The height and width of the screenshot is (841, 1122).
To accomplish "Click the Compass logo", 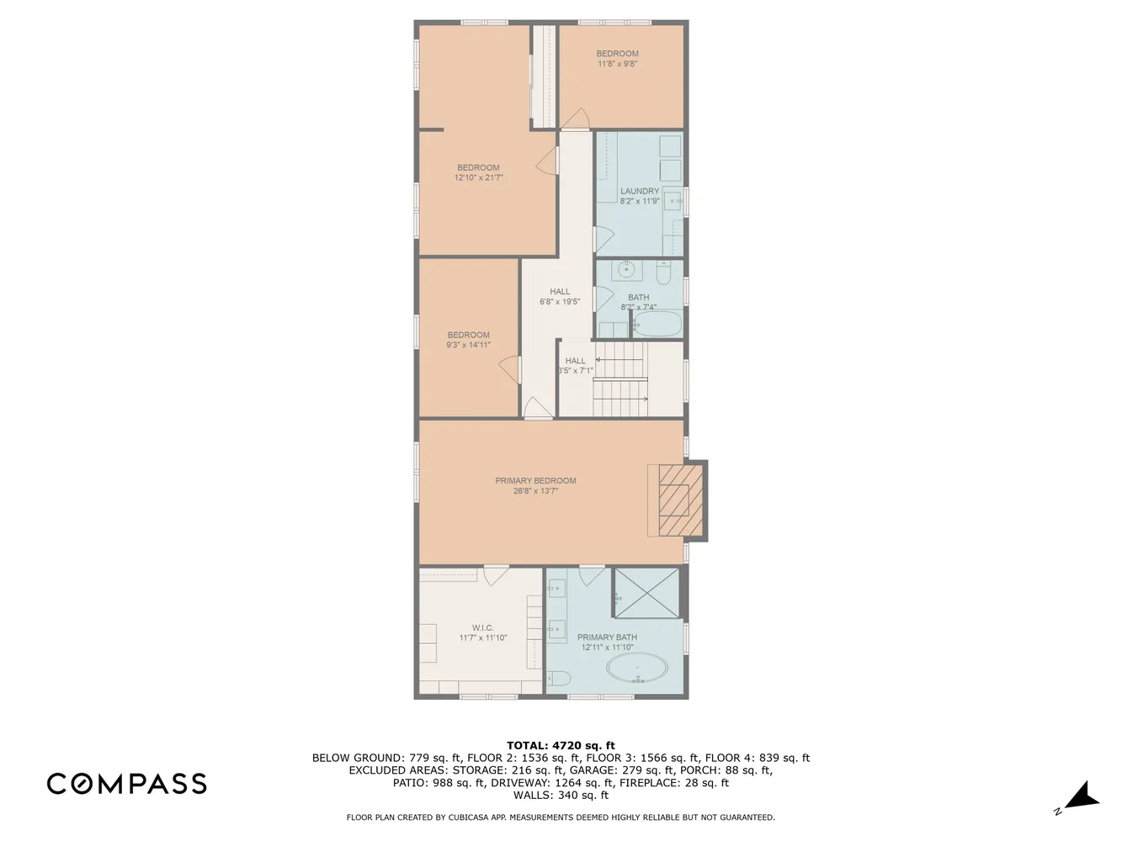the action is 127,783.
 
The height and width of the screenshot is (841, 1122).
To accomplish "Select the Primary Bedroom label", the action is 535,480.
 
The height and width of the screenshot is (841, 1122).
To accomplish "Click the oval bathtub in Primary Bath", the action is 637,668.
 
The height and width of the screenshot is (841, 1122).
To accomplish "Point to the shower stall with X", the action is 646,593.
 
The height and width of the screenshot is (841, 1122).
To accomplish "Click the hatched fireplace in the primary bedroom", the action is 679,500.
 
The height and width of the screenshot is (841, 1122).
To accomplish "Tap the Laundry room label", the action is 640,191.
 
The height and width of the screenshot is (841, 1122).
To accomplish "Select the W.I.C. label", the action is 482,627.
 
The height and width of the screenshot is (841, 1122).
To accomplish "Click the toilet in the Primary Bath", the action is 558,678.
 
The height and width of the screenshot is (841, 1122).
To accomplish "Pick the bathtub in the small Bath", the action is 657,324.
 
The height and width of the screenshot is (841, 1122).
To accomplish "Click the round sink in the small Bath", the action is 626,268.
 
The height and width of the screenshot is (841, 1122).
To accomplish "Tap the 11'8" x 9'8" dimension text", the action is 618,64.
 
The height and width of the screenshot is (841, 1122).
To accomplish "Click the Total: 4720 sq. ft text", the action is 561,745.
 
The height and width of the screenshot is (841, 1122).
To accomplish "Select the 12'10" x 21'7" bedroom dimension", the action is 478,177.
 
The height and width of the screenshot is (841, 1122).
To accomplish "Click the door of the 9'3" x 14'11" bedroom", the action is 509,369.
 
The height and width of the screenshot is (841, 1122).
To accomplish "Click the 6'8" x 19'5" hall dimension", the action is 560,302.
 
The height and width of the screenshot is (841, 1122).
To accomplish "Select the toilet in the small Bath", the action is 663,273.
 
